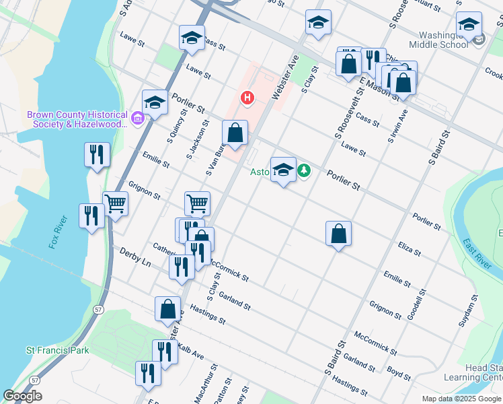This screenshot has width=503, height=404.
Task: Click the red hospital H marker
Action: (x=247, y=98)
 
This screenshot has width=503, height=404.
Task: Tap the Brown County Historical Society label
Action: (x=77, y=119)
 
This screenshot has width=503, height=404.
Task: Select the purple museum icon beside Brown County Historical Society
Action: (x=138, y=119)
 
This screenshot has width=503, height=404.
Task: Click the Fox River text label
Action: (x=59, y=232)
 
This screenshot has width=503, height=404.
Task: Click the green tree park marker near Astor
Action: (x=305, y=172)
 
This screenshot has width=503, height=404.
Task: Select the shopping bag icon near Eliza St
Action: (x=339, y=234)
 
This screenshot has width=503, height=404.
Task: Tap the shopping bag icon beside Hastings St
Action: (x=168, y=309)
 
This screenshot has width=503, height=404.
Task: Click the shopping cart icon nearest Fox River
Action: (x=115, y=203)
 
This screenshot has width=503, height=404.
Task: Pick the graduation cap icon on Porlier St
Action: (x=155, y=103)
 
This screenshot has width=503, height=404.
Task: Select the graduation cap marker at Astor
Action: (x=283, y=170)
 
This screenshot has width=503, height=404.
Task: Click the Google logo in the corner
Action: (x=23, y=396)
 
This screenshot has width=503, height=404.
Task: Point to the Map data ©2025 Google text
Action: (x=461, y=399)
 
